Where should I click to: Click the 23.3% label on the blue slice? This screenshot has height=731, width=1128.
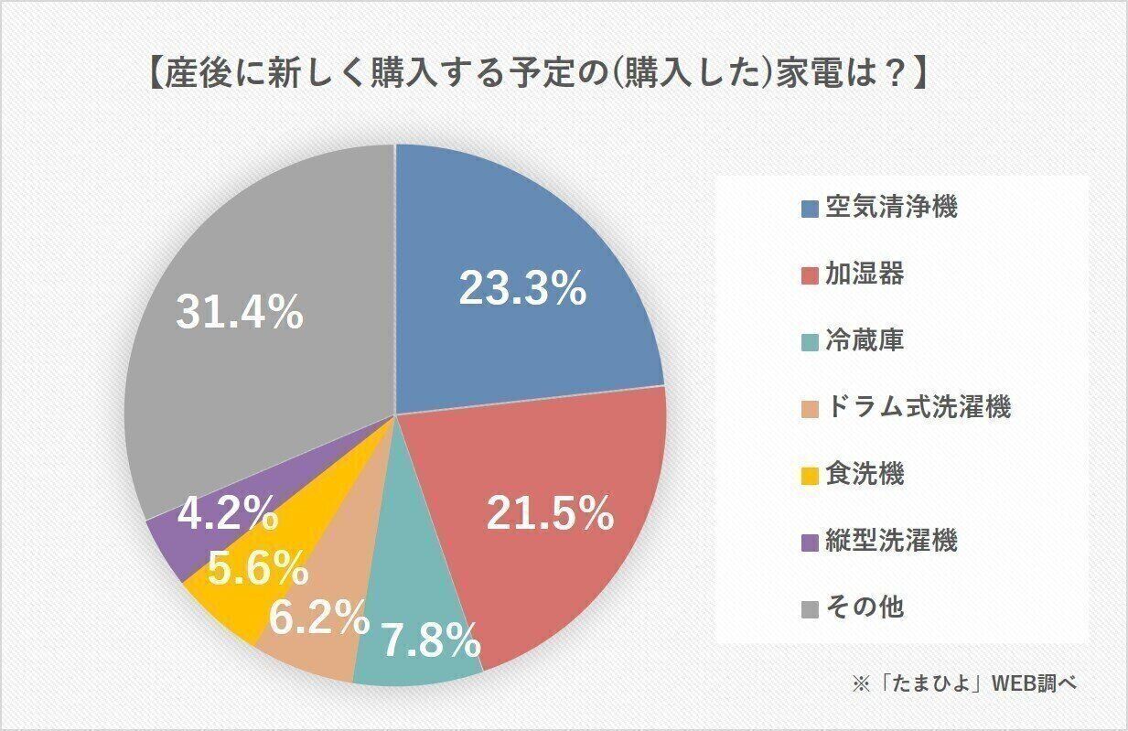[521, 289]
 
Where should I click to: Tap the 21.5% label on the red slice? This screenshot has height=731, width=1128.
[549, 515]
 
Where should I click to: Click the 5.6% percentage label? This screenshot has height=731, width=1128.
[257, 569]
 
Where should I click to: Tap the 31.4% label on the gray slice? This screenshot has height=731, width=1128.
[239, 314]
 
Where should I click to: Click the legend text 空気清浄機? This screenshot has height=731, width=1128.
[891, 207]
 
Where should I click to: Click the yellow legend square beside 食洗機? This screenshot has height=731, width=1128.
[810, 476]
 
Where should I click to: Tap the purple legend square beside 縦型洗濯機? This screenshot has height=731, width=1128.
[810, 543]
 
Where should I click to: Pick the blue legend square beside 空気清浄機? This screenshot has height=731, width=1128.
[810, 209]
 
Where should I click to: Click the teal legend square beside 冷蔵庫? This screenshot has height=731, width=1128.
[810, 342]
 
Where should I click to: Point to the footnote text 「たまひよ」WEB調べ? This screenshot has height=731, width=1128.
[979, 683]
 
